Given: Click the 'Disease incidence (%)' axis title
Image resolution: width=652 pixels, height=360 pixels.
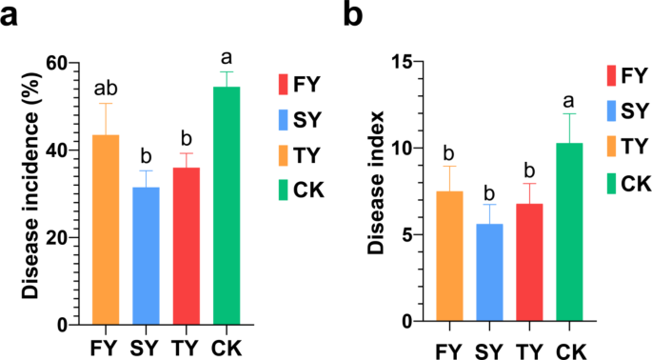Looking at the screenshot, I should (x=30, y=190).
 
